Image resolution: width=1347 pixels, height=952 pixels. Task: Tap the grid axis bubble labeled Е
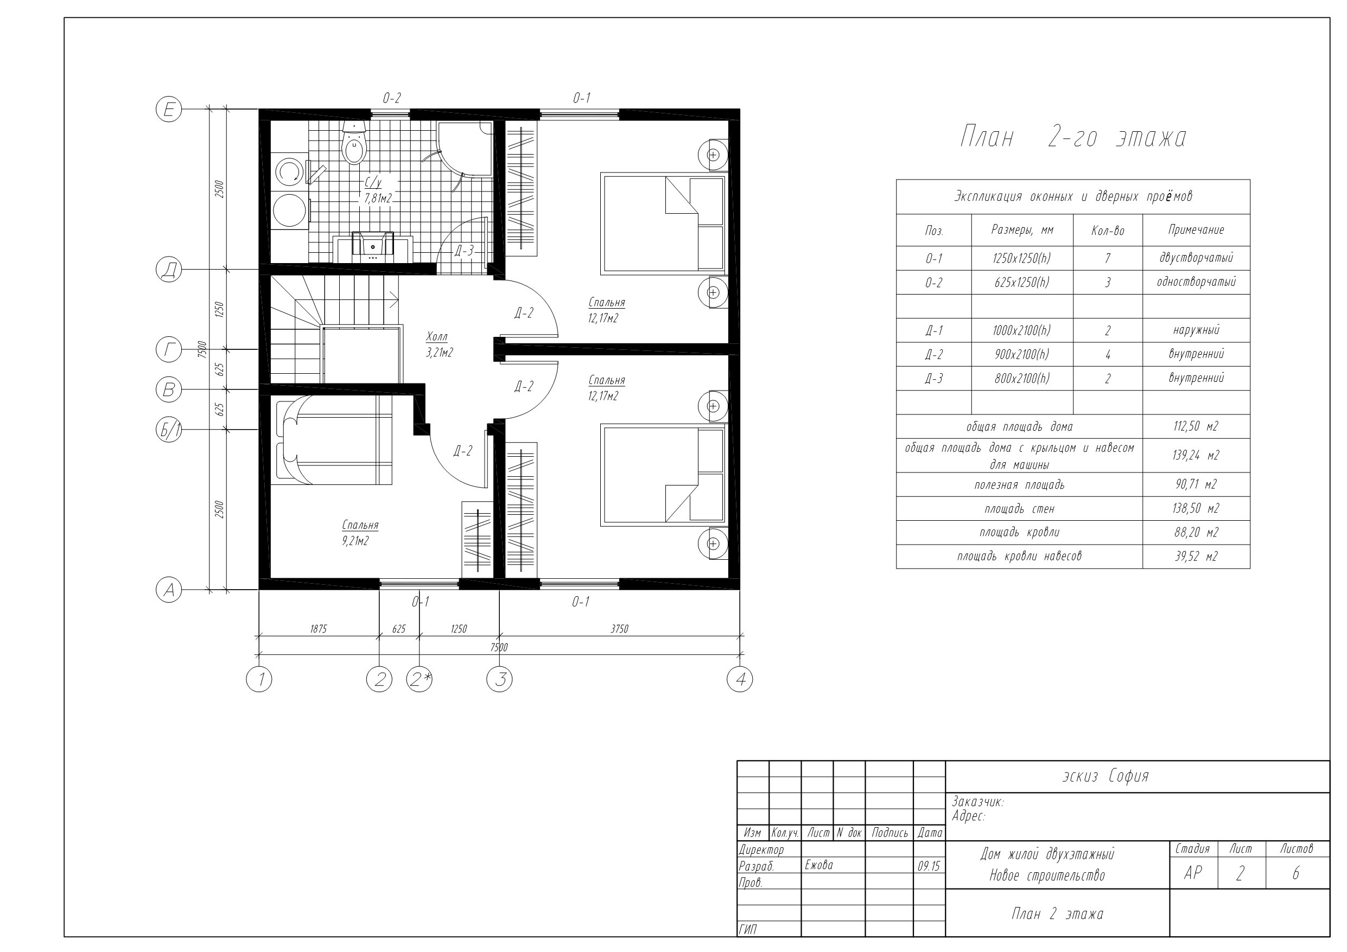coord(169,110)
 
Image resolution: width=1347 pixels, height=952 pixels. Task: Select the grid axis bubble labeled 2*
coord(420,679)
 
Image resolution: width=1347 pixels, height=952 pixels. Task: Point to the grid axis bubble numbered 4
coord(740,679)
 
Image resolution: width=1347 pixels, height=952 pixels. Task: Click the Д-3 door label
coord(463,251)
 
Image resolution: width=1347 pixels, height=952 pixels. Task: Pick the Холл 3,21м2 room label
coord(440,345)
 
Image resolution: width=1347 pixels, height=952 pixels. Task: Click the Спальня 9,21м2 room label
coord(360,533)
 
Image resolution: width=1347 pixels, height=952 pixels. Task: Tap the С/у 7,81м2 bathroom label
coord(378,190)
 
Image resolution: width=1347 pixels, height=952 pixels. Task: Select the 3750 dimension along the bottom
coord(620,629)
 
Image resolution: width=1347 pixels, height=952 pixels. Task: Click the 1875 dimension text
coord(318,629)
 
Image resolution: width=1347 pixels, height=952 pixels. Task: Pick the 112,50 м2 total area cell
coord(1196,426)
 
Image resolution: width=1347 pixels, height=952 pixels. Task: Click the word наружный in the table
coord(1196,330)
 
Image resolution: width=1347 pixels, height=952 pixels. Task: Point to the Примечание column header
coord(1196,230)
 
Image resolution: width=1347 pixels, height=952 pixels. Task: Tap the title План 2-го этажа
coord(1073,137)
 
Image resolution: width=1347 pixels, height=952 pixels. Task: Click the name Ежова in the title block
coord(819,865)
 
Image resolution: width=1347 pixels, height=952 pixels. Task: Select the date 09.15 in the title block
coord(929,866)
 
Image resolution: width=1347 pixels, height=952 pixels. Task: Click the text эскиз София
coord(1105,776)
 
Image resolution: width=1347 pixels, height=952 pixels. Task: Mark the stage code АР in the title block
coord(1193,873)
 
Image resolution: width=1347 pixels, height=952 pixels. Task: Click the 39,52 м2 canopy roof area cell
coord(1196,557)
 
